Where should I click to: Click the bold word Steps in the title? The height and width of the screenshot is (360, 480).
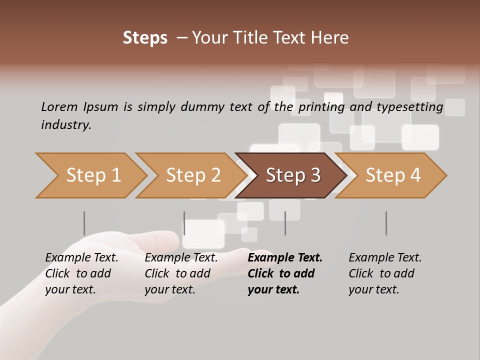click(x=145, y=38)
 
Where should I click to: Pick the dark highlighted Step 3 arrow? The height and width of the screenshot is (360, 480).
click(x=292, y=175)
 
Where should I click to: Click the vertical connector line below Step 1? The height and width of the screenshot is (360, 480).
click(x=84, y=223)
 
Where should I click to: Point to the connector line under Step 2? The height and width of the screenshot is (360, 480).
click(x=184, y=223)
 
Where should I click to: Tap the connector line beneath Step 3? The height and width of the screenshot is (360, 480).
click(x=285, y=223)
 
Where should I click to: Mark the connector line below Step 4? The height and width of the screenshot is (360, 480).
click(x=386, y=223)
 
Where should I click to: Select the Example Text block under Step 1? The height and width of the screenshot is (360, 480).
click(x=81, y=273)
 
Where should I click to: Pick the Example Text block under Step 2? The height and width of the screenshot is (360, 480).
click(x=181, y=273)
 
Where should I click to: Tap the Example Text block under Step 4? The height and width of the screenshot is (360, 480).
click(x=385, y=273)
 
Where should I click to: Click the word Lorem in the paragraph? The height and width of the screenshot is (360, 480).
click(x=59, y=107)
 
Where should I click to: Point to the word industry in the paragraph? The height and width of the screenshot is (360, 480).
click(x=66, y=125)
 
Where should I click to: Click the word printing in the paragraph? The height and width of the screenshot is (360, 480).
click(x=320, y=107)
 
